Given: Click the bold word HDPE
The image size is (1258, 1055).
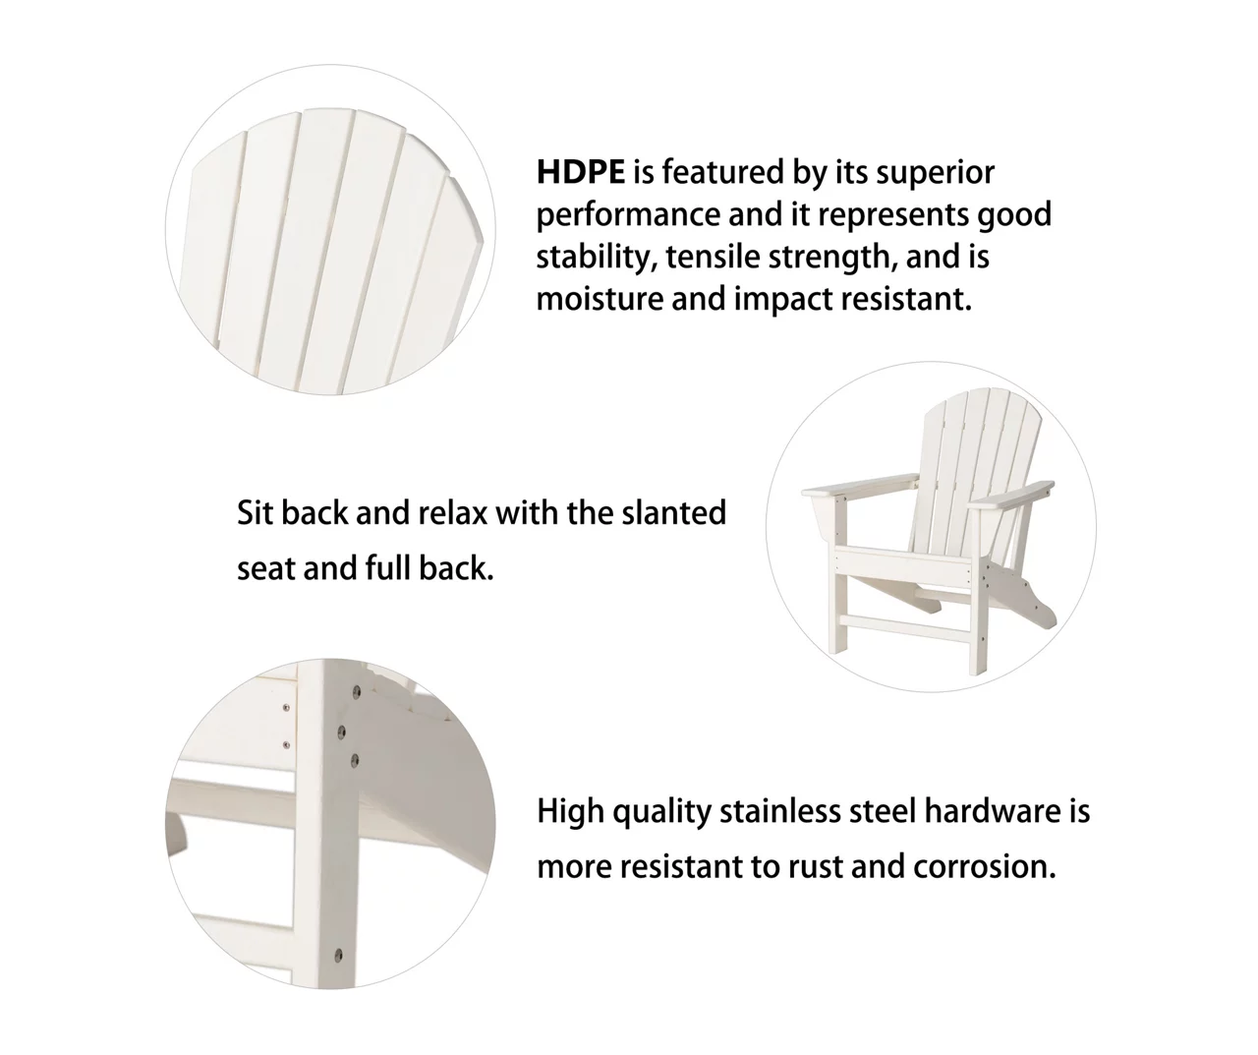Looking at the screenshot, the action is pos(580,172).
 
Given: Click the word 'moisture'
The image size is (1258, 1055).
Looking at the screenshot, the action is pos(600,300).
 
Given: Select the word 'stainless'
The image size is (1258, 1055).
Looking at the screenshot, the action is pos(780,811).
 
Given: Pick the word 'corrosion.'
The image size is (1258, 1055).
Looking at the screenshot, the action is pos(985,867).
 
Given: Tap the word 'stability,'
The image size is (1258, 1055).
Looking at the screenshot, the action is pos(598,258).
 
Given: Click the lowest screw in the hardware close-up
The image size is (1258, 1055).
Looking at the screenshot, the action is pos(338,955).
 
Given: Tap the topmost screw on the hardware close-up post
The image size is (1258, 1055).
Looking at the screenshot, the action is pos(356,691).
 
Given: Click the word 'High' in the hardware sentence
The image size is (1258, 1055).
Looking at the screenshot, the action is pos(571,812).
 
